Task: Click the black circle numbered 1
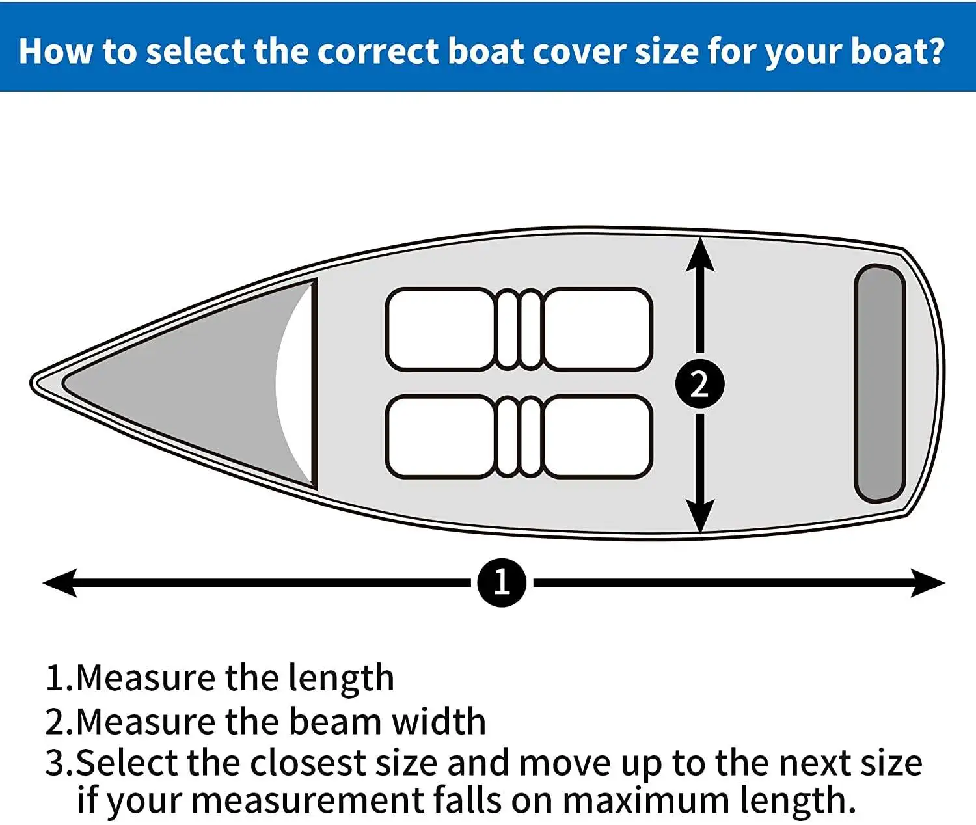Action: pyautogui.click(x=501, y=582)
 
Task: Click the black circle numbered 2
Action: pyautogui.click(x=699, y=384)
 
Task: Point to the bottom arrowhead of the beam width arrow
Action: pyautogui.click(x=699, y=516)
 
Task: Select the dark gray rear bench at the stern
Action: pyautogui.click(x=880, y=384)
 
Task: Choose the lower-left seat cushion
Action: pyautogui.click(x=441, y=437)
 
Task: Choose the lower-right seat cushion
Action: pyautogui.click(x=597, y=437)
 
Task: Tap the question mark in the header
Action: pyautogui.click(x=935, y=51)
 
